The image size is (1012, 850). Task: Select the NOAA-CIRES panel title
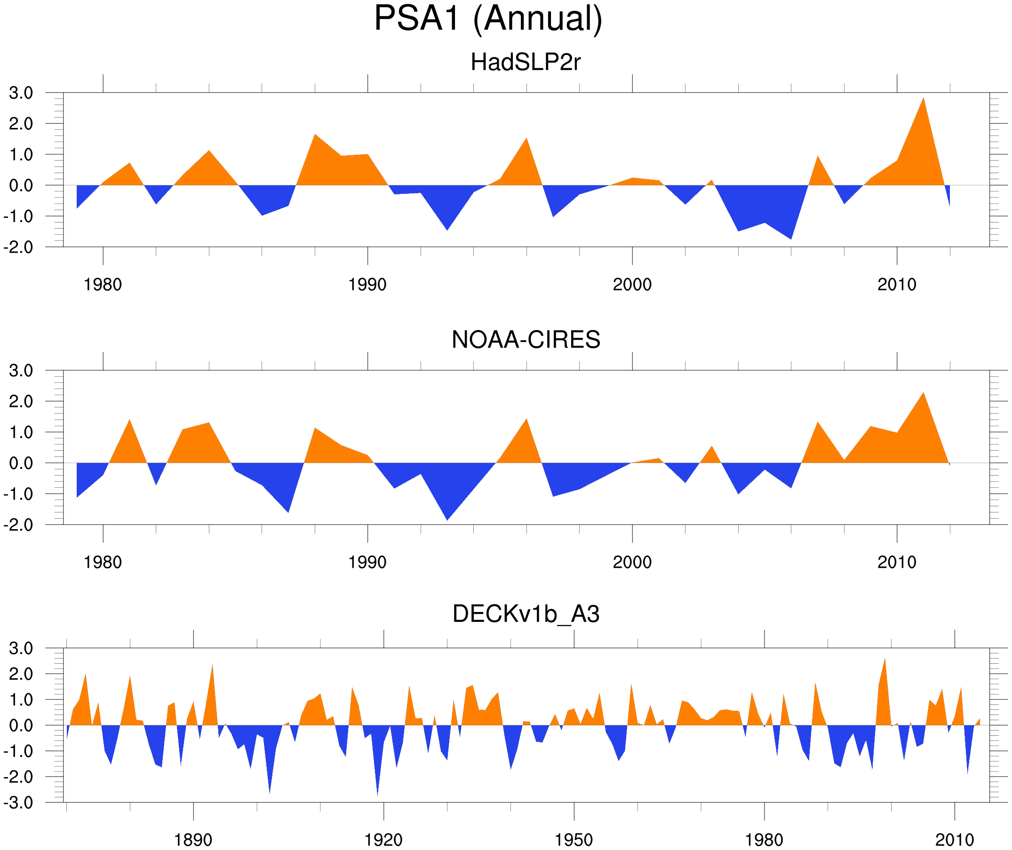(526, 340)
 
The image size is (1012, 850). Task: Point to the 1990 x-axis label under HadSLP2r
(367, 285)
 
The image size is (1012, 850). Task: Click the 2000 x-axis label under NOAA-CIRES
(632, 562)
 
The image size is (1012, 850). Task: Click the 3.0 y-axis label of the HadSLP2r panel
(21, 93)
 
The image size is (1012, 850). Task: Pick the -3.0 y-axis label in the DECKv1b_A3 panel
(18, 803)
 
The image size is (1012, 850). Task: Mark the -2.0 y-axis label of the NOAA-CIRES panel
(18, 525)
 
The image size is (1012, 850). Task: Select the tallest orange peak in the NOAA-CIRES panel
(923, 395)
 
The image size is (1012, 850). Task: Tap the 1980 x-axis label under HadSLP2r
(103, 285)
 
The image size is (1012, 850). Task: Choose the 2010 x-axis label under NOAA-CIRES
(896, 562)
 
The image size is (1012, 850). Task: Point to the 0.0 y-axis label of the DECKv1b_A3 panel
(21, 725)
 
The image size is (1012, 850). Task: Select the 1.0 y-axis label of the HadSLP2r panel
(21, 155)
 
